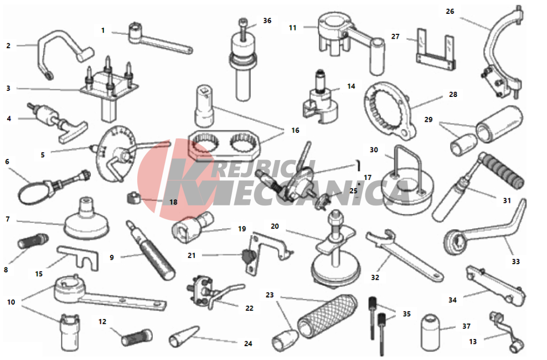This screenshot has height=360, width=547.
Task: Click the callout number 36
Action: (267, 21)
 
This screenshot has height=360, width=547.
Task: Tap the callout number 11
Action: (293, 28)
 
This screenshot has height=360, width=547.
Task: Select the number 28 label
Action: (453, 94)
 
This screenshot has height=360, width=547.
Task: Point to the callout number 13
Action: (473, 342)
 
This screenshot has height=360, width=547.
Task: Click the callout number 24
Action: (248, 343)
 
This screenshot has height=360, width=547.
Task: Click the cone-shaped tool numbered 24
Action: (183, 336)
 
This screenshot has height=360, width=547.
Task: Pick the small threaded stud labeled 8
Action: (33, 241)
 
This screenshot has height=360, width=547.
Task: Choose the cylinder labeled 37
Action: (430, 332)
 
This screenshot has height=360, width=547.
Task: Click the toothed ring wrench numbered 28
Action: (390, 110)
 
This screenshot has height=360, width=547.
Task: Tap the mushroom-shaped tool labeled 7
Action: (86, 219)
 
